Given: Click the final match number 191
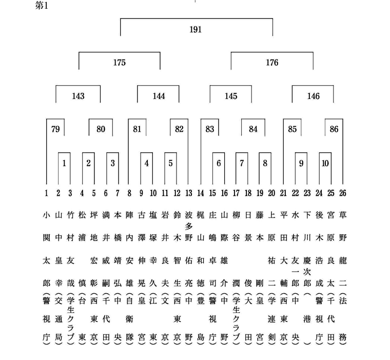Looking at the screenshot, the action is pos(196,30).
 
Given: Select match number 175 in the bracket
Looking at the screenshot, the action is pos(120,63).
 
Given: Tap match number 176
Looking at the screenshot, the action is pos(272,63).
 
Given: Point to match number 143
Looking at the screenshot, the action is pos(78,96).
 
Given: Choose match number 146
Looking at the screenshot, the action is pos(314,96).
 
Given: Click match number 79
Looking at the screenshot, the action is pos(55,129).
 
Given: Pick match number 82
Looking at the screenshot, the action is pos(179,129).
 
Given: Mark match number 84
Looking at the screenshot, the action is pos(253,129).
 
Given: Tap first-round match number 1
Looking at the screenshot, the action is pos(64,163).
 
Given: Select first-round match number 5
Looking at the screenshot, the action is pos(170,163).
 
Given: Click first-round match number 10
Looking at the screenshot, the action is pos(325,163).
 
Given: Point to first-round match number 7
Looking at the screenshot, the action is pos(242,163).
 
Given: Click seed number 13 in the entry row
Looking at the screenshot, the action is pos(189,193).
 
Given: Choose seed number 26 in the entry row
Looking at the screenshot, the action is pos(343,193).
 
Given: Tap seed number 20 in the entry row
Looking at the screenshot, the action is pos(271,193).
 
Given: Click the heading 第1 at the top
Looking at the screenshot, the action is pos(42,6).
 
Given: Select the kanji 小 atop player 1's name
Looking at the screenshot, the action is pos(46,215).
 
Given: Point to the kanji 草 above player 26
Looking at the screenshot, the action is pos(343,215).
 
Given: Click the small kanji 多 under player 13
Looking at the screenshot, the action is pos(189,227).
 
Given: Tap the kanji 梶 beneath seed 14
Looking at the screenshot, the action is pos(201,215).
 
